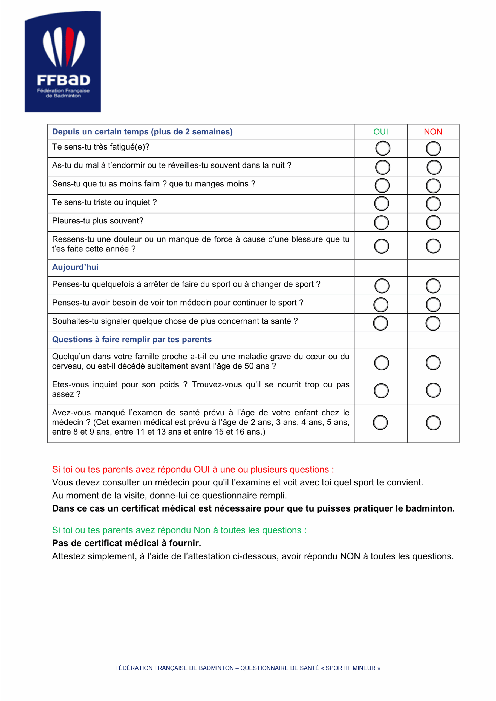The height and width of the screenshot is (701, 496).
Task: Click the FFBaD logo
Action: [63, 62]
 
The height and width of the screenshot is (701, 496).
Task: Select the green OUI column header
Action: [380, 132]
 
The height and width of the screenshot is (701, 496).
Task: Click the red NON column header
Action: [433, 132]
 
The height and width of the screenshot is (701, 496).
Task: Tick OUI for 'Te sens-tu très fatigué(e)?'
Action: [383, 148]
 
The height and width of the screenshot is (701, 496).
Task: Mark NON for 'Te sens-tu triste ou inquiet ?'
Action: [433, 204]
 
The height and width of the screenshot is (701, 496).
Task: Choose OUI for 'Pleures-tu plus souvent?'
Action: [382, 223]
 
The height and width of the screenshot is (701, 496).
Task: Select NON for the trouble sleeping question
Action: [434, 167]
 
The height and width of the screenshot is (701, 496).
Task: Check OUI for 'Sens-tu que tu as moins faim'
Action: [382, 186]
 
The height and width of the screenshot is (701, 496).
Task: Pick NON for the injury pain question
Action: [433, 246]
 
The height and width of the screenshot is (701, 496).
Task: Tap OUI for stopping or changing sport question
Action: [382, 286]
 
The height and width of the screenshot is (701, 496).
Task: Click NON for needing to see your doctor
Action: [433, 304]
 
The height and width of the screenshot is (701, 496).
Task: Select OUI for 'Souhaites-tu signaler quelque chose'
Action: [380, 323]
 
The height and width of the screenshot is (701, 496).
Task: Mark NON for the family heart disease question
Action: [433, 363]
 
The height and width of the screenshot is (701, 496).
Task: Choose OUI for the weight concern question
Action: [381, 391]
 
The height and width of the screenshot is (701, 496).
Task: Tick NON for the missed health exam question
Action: [433, 423]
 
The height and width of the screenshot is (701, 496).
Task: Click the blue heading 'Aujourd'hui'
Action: [75, 267]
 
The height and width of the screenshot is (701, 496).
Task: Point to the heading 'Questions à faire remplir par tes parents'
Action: [132, 340]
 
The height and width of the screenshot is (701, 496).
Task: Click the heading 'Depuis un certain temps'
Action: [142, 132]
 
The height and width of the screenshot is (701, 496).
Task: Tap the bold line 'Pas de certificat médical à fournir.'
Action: [126, 543]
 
